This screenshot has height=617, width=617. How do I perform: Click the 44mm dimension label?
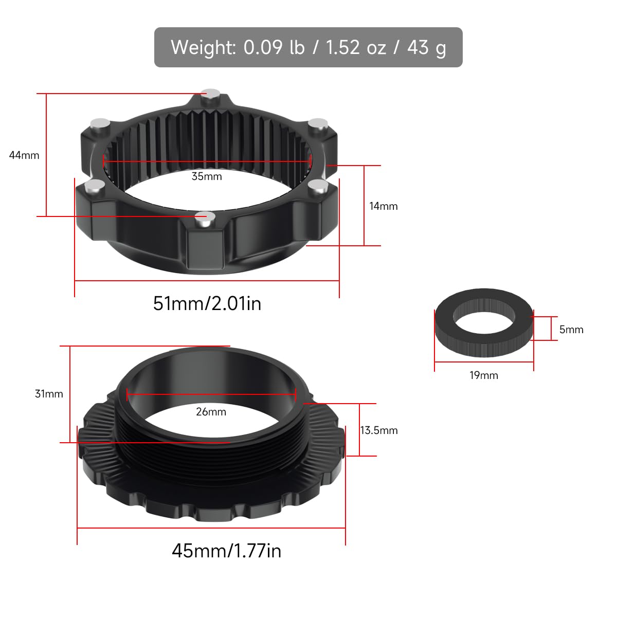(x=24, y=155)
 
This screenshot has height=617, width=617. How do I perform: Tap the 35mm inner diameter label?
(x=207, y=176)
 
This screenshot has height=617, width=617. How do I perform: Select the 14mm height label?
(x=384, y=206)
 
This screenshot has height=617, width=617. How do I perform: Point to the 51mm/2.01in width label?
(x=207, y=303)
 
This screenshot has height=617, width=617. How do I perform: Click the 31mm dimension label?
(x=49, y=394)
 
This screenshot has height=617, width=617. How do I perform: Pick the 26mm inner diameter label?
(x=211, y=412)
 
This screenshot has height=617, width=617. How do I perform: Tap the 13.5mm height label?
(x=379, y=430)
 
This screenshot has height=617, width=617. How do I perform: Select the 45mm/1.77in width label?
(x=226, y=551)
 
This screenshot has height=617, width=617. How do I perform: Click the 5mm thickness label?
(x=571, y=330)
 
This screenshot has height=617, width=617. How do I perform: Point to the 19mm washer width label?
(x=484, y=375)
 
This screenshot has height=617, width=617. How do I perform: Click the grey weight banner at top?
(x=308, y=47)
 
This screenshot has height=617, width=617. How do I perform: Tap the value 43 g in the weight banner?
(x=427, y=47)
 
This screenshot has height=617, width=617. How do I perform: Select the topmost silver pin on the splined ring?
(x=211, y=93)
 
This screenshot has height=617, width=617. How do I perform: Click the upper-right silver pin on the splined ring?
(x=318, y=123)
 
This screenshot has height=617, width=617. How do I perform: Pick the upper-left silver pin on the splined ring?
(x=100, y=123)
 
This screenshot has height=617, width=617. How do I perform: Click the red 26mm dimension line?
(x=211, y=395)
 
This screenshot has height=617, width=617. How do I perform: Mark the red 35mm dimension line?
(x=208, y=161)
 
